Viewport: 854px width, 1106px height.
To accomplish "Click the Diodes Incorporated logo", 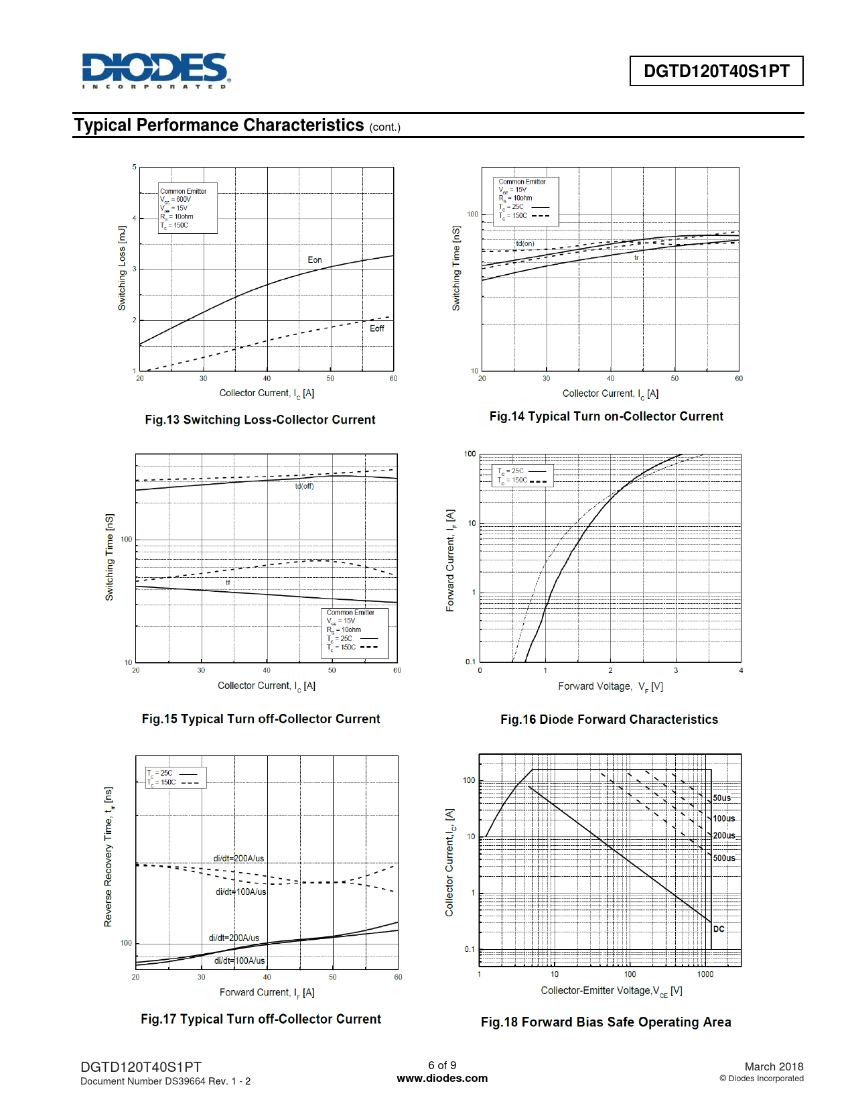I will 156,70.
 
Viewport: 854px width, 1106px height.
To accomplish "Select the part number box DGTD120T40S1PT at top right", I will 716,71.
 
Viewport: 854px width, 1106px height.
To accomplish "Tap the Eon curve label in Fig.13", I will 315,260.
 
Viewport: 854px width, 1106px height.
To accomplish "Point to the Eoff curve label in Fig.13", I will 377,328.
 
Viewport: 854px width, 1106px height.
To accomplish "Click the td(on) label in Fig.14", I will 525,243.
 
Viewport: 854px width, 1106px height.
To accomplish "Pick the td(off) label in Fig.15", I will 305,486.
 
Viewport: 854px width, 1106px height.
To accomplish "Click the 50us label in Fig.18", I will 722,798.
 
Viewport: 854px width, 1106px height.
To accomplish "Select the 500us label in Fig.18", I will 724,858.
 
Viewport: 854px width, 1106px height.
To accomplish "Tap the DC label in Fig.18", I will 719,929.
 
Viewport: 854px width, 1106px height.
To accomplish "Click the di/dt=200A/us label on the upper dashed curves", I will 238,859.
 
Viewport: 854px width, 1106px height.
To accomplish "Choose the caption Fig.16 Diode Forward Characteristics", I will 609,719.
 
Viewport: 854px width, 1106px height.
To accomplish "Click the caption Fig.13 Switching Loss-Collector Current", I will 260,420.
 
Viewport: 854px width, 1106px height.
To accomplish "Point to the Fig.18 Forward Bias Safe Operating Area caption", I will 606,1022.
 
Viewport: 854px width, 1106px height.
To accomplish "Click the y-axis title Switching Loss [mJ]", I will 122,268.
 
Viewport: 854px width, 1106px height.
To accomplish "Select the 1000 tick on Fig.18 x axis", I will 705,975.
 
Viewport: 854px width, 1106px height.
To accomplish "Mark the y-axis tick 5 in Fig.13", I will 135,167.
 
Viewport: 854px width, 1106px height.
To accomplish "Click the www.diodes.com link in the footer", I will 442,1079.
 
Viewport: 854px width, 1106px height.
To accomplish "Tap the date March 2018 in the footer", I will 774,1066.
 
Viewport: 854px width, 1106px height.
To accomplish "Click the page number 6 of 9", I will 442,1065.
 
